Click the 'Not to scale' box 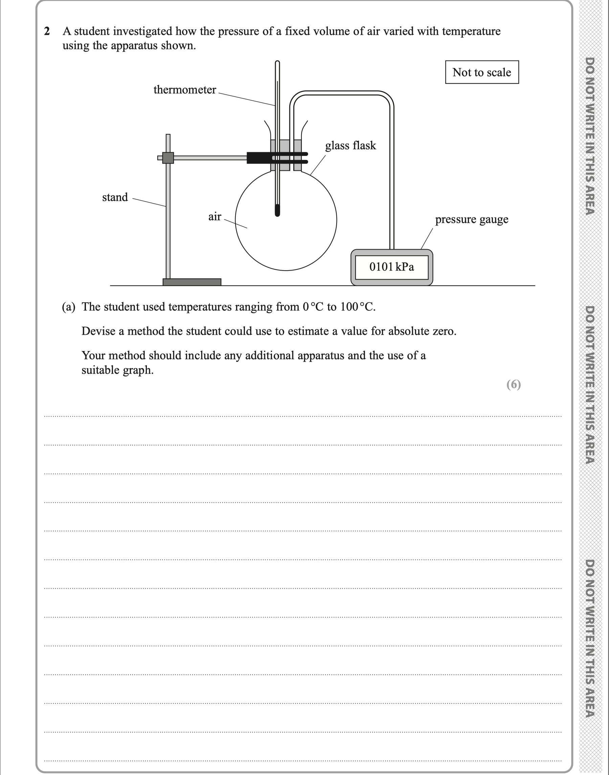click(x=482, y=72)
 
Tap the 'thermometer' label click(x=185, y=90)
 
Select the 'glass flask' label click(x=351, y=146)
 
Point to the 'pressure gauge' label click(x=471, y=219)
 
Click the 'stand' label click(x=115, y=197)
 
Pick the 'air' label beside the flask click(x=215, y=217)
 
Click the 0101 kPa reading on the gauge click(x=391, y=267)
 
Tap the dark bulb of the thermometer click(x=277, y=211)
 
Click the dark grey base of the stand click(x=192, y=282)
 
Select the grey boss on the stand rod click(x=168, y=158)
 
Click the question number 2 click(x=47, y=32)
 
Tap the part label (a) click(x=68, y=307)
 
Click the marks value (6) click(x=514, y=384)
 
